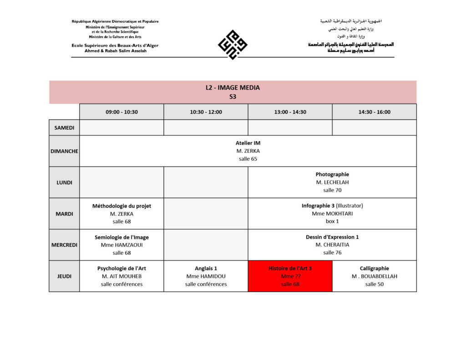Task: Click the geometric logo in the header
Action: point(233,44)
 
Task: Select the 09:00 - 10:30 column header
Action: point(122,112)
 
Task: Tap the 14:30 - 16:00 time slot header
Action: point(374,112)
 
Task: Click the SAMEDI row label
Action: point(64,128)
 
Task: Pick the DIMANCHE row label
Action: point(64,151)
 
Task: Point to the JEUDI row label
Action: point(64,276)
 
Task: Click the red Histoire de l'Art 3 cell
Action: point(290,276)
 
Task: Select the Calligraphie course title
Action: point(374,269)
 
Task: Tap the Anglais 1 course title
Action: point(206,269)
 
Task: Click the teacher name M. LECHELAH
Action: point(332,183)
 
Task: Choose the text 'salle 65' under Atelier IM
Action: point(248,159)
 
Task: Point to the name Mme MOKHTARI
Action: point(332,213)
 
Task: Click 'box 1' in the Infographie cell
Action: point(332,221)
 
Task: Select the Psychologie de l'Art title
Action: point(122,269)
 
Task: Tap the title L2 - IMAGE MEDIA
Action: point(233,88)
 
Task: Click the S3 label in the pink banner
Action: point(233,96)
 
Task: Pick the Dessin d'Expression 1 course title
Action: point(332,237)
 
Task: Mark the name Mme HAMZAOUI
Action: point(122,245)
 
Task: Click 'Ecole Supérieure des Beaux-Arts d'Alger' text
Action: point(115,46)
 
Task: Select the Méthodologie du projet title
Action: point(122,206)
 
